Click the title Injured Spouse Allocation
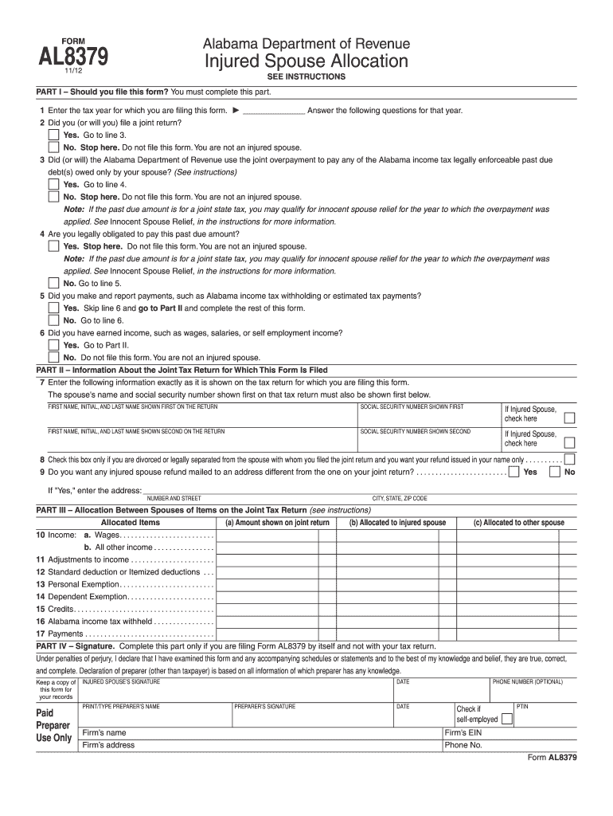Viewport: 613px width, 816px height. (306, 61)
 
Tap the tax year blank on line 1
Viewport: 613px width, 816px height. (273, 111)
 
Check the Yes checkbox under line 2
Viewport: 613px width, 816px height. (53, 135)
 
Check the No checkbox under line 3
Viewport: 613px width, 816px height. (53, 196)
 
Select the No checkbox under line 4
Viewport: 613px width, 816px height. (53, 283)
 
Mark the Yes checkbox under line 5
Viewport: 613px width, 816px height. (53, 308)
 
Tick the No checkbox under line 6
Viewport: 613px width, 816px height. (53, 357)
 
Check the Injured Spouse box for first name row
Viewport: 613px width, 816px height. (569, 418)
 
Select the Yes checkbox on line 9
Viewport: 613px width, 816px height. (515, 472)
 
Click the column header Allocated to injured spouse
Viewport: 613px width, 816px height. (397, 523)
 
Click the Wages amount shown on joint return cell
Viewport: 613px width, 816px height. (267, 535)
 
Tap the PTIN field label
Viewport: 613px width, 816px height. (521, 706)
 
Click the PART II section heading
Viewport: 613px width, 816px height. (182, 370)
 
